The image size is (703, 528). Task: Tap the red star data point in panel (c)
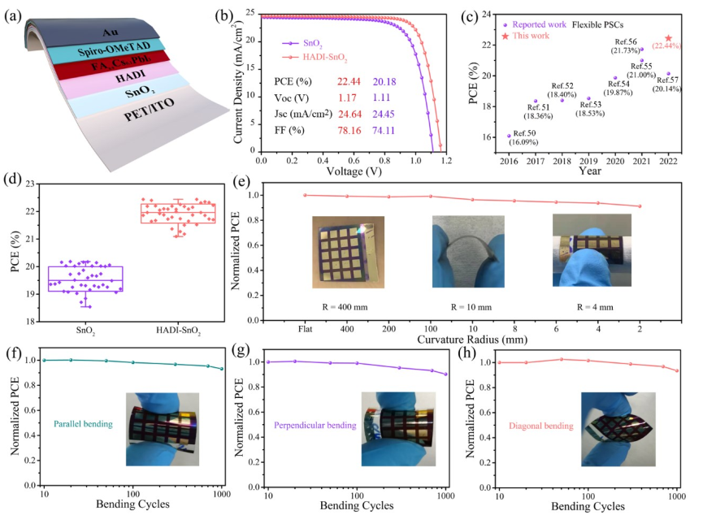(x=668, y=38)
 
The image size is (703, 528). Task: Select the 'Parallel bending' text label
(x=82, y=423)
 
